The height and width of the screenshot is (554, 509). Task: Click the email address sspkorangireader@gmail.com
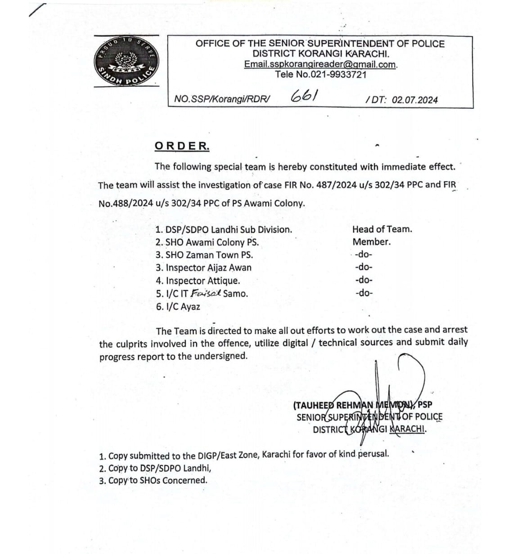(x=320, y=64)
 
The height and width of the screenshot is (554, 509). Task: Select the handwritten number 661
(x=305, y=95)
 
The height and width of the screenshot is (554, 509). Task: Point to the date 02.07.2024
(x=414, y=100)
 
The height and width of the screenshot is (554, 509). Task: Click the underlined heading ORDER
(x=182, y=146)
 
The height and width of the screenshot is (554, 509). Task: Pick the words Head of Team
(x=382, y=229)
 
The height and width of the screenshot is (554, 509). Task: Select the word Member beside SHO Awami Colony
(x=371, y=241)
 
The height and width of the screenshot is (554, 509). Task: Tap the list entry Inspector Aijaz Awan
(x=203, y=268)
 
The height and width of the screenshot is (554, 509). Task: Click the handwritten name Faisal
(x=207, y=293)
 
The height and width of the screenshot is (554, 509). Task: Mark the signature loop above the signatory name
(x=410, y=373)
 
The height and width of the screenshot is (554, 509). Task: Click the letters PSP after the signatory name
(x=425, y=405)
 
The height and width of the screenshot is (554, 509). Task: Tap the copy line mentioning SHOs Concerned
(x=153, y=480)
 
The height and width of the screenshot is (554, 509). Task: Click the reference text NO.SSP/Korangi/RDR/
(x=222, y=99)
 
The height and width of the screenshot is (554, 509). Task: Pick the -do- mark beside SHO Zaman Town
(x=364, y=254)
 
